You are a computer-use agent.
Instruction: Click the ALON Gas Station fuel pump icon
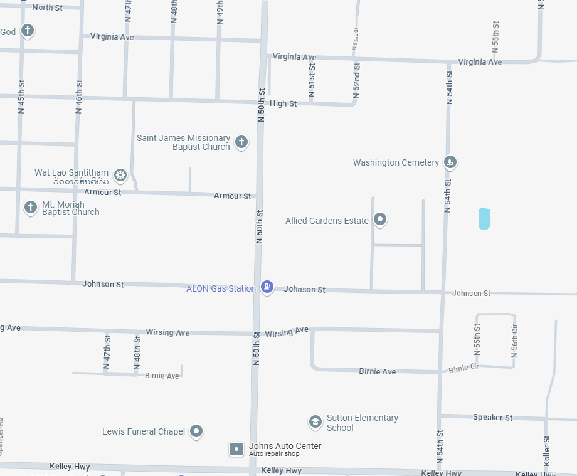(x=267, y=287)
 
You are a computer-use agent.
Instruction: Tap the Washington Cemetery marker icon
(x=450, y=162)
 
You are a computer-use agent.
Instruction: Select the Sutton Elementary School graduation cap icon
(x=315, y=422)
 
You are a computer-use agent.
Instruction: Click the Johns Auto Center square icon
(x=236, y=449)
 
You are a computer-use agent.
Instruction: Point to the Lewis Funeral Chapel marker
(x=197, y=431)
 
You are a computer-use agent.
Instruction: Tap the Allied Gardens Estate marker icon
(x=379, y=219)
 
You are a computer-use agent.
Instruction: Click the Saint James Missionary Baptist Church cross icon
(x=241, y=142)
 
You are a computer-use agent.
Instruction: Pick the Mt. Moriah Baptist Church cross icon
(x=30, y=207)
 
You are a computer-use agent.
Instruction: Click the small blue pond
(x=484, y=218)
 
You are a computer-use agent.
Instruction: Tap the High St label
(x=283, y=103)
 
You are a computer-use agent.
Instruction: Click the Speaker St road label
(x=492, y=417)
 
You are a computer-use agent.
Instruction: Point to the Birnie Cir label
(x=463, y=368)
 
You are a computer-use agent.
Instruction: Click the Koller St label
(x=547, y=451)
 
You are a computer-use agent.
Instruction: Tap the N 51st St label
(x=312, y=80)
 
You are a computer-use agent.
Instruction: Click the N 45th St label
(x=21, y=96)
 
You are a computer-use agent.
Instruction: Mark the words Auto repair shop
(x=274, y=454)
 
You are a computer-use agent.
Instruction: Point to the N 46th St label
(x=79, y=96)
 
